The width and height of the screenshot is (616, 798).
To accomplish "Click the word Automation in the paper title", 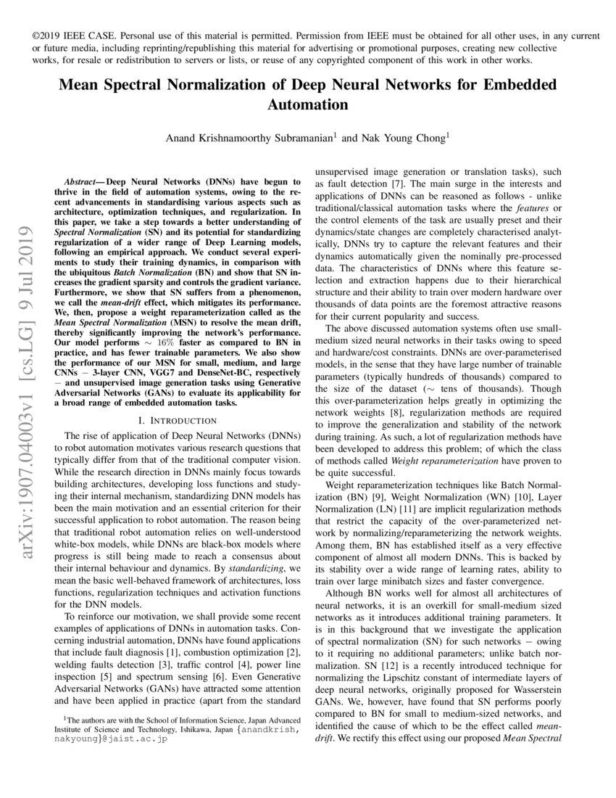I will tap(308, 104).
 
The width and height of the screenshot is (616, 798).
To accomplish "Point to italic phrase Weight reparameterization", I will tap(435, 461).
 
